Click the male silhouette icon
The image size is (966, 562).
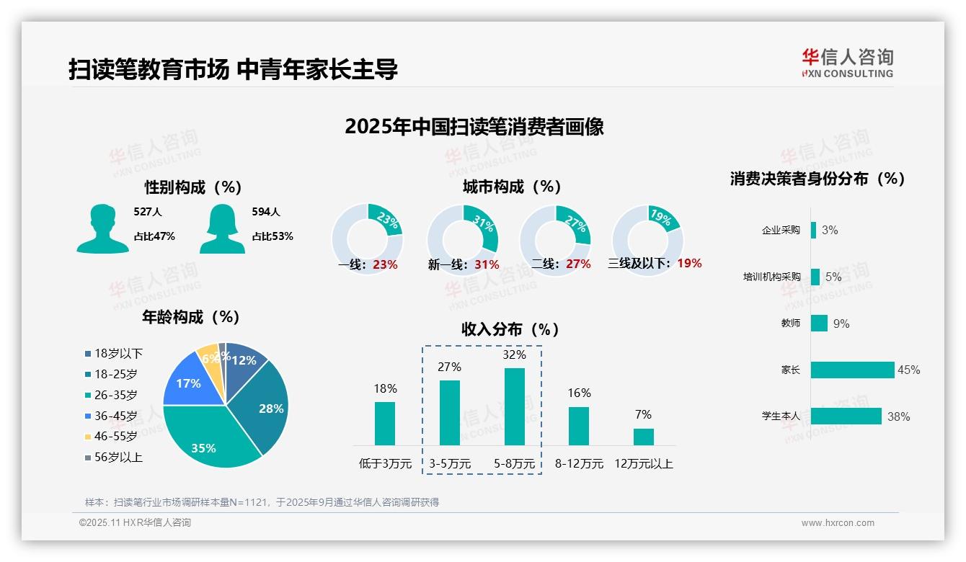[102, 228]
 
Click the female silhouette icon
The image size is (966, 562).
[222, 228]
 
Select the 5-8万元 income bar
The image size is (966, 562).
[515, 406]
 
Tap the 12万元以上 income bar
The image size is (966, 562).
[644, 437]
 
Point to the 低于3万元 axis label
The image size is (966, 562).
[384, 464]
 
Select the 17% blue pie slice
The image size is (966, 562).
[189, 384]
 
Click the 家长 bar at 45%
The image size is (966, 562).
[852, 370]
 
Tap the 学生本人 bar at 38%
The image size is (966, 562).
[846, 416]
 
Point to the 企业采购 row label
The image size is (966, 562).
[781, 231]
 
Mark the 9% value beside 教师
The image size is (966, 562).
[841, 324]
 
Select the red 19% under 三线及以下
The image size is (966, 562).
[689, 263]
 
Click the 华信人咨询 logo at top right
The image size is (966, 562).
[847, 63]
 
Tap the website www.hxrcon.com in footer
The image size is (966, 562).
[838, 523]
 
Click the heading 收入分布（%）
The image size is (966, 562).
[510, 329]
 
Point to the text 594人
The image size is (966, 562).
[266, 212]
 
